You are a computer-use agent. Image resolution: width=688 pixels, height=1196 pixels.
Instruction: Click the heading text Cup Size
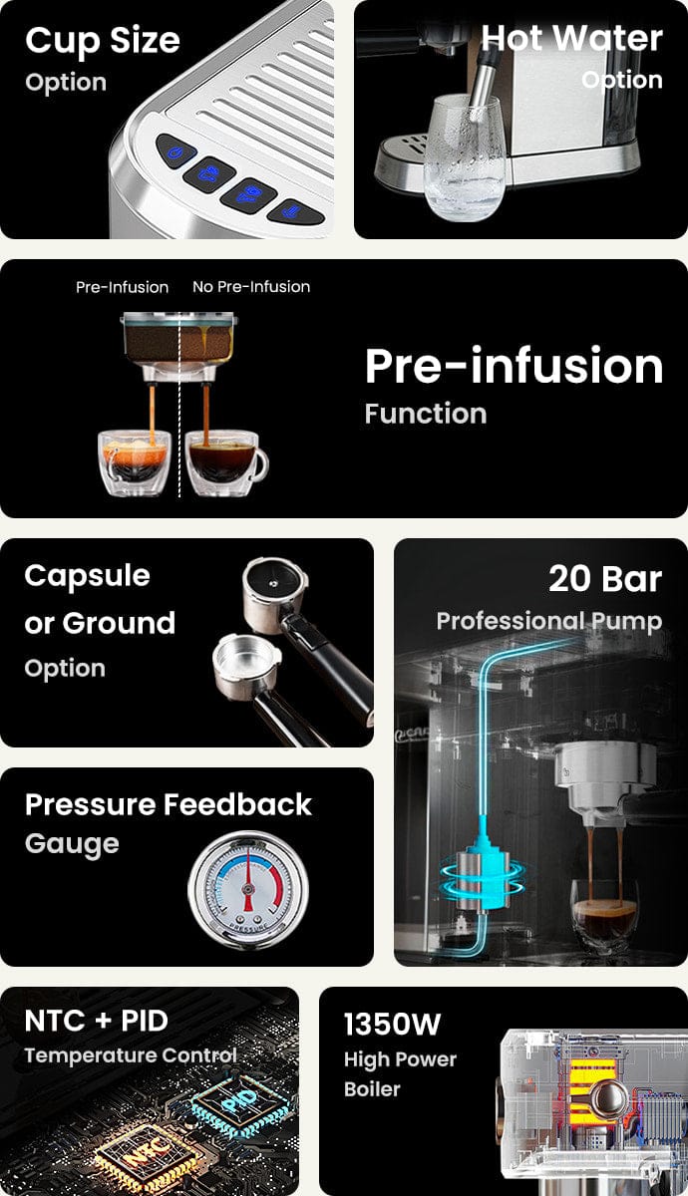coord(103,42)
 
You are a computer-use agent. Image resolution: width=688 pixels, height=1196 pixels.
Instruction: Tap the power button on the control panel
coord(174,152)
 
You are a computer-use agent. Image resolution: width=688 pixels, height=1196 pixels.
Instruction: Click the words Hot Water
coord(571,39)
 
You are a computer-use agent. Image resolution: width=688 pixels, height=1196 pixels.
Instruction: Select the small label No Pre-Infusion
coord(251,287)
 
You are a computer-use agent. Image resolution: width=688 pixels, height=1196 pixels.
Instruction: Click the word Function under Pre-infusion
coord(426,414)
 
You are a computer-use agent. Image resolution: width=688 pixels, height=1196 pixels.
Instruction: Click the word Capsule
coord(87,577)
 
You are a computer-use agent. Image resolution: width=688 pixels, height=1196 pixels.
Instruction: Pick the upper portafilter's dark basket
coord(275,581)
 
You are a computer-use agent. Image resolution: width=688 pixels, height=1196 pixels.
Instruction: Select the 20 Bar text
coord(605,579)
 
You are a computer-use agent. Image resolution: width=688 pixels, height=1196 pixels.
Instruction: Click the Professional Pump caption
coord(549,622)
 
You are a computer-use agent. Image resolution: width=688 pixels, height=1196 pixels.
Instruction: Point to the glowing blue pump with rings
coord(483,869)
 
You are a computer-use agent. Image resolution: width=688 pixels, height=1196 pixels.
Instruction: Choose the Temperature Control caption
coord(131,1055)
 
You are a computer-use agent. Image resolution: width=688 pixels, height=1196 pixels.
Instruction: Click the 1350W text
coord(393,1025)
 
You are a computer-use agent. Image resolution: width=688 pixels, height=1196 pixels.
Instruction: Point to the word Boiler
coord(372,1089)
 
